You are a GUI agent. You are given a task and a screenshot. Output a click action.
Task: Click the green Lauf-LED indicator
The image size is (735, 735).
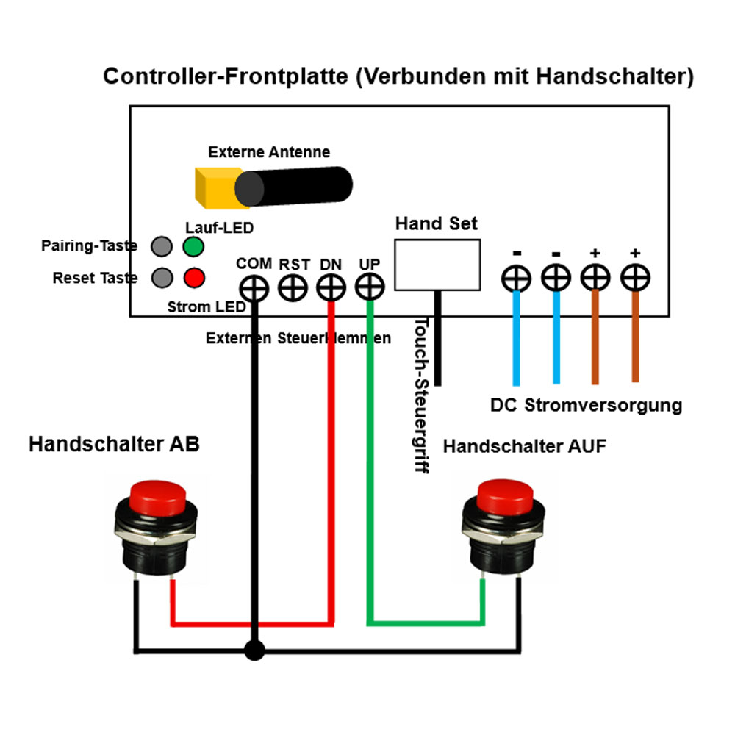pos(193,246)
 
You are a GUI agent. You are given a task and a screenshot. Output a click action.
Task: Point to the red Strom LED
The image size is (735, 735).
pos(193,278)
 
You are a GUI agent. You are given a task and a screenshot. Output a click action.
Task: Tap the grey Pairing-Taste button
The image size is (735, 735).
pos(162,246)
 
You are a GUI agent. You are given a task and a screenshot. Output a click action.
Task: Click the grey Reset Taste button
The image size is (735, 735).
pos(162,278)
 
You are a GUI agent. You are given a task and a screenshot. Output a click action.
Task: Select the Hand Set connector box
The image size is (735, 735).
pos(437,264)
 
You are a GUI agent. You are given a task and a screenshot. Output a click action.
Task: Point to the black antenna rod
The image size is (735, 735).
pos(294,184)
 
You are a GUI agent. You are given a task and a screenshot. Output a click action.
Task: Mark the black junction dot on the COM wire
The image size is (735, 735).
pos(254,650)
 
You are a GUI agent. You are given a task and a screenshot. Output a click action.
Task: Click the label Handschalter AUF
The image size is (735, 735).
pos(525,446)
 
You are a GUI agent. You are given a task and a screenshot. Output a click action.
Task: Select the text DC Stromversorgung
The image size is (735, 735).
pos(586,405)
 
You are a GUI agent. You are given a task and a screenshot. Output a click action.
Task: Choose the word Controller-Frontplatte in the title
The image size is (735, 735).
pos(225,76)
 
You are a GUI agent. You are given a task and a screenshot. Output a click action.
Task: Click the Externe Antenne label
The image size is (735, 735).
pos(269,153)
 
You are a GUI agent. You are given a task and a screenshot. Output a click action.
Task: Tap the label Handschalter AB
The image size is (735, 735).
pos(114,444)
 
